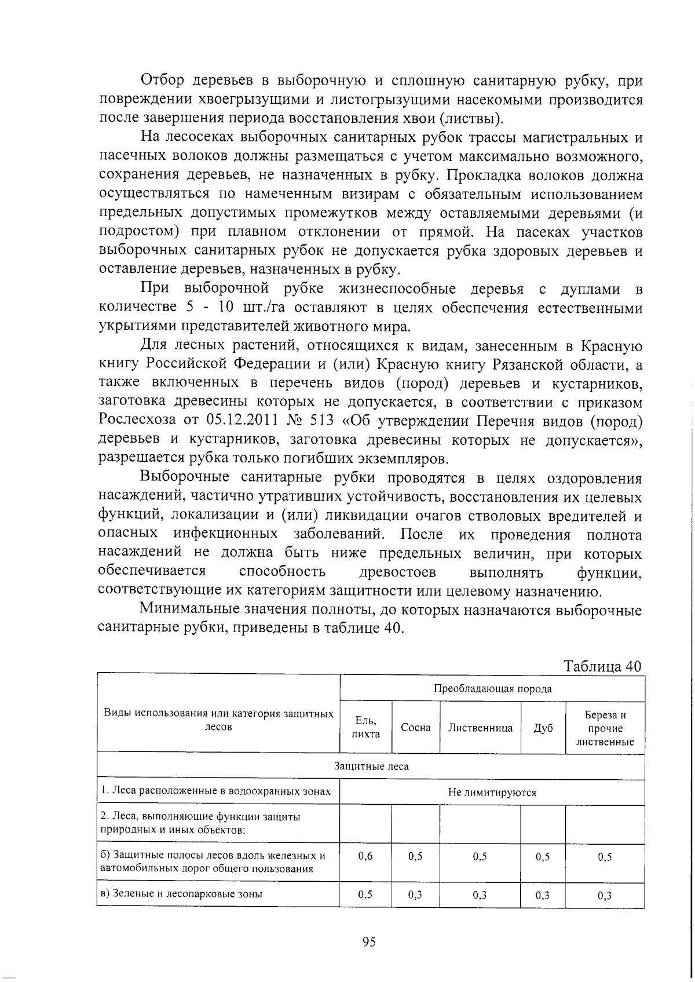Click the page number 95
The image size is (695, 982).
point(369,941)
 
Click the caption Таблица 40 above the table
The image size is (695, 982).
point(603,666)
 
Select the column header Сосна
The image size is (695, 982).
point(415,728)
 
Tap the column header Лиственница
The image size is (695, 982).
point(480,728)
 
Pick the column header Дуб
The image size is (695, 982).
point(543,728)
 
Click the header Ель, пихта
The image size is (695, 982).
point(365,728)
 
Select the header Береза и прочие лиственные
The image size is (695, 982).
point(605,728)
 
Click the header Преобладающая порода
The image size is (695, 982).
point(492,689)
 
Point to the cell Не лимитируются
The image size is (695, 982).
point(492,792)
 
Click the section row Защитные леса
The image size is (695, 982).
point(371,766)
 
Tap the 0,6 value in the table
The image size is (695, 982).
point(365,857)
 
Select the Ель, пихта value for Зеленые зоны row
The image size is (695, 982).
point(365,895)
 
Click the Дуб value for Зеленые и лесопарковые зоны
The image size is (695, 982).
point(543,895)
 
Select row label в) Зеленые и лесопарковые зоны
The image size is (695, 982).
point(181,894)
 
